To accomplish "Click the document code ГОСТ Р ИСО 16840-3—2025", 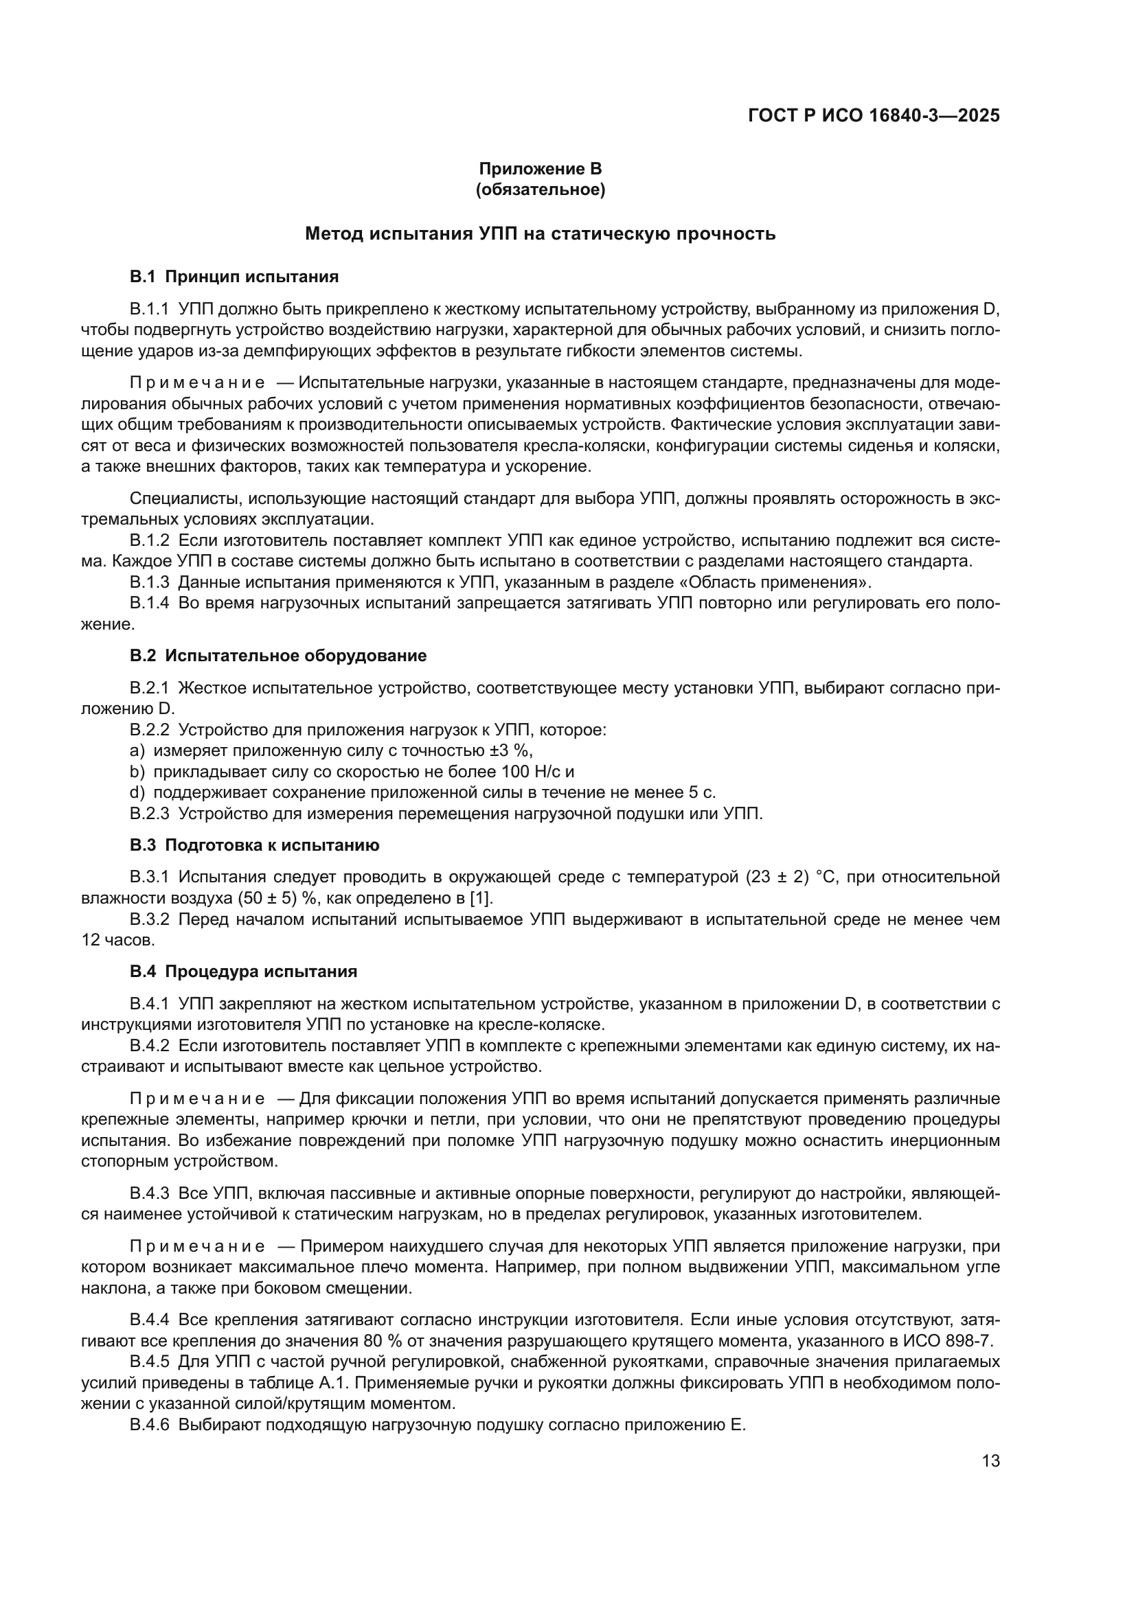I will tap(874, 115).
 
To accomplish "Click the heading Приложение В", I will tap(540, 169).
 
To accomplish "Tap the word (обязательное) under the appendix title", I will tap(540, 190).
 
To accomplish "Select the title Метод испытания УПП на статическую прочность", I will tap(540, 233).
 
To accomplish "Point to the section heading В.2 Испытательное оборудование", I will tap(277, 656).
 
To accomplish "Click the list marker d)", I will tap(137, 792).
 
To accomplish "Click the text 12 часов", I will tap(117, 940).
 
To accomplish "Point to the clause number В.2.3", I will tap(150, 814).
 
